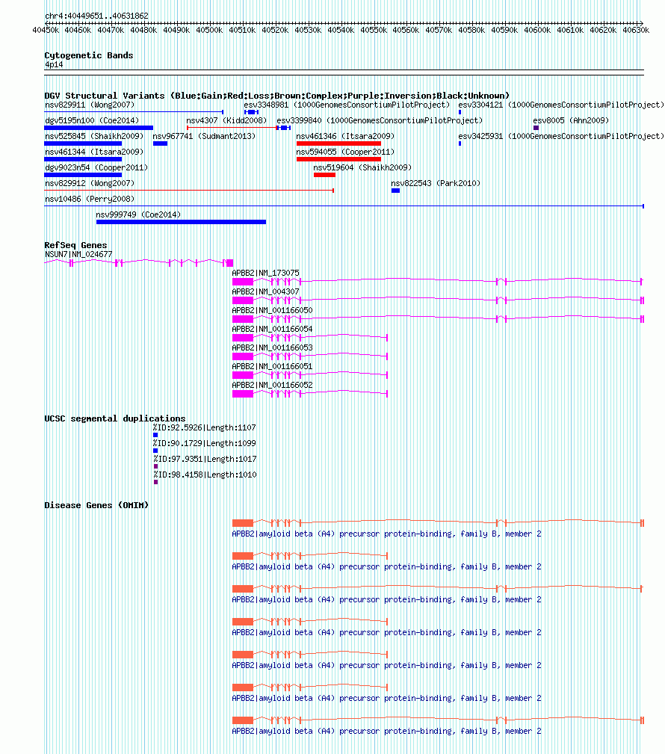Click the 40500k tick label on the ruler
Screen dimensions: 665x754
[209, 31]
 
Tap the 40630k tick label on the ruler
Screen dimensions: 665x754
[636, 31]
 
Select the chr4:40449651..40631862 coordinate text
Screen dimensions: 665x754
[96, 16]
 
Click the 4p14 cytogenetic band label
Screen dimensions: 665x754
[54, 64]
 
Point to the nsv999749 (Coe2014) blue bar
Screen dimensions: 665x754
[182, 222]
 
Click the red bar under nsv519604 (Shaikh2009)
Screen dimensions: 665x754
[324, 175]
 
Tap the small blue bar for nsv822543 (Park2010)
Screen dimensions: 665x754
[396, 191]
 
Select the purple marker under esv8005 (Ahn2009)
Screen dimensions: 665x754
[536, 128]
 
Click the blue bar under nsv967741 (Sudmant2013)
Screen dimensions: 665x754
[160, 143]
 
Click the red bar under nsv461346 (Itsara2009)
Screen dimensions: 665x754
[339, 143]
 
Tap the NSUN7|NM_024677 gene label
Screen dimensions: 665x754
[78, 254]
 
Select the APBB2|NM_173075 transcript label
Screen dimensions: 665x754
[265, 273]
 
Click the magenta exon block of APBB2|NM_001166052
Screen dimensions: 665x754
[243, 394]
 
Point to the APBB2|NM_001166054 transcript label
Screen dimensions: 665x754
[272, 329]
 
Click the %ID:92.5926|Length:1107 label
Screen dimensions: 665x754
[205, 427]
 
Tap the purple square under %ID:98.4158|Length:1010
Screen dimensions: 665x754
[156, 482]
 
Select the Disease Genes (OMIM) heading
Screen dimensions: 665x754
[96, 505]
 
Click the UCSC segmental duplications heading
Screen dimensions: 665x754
[115, 418]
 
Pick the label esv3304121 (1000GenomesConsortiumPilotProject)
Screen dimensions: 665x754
[561, 105]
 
